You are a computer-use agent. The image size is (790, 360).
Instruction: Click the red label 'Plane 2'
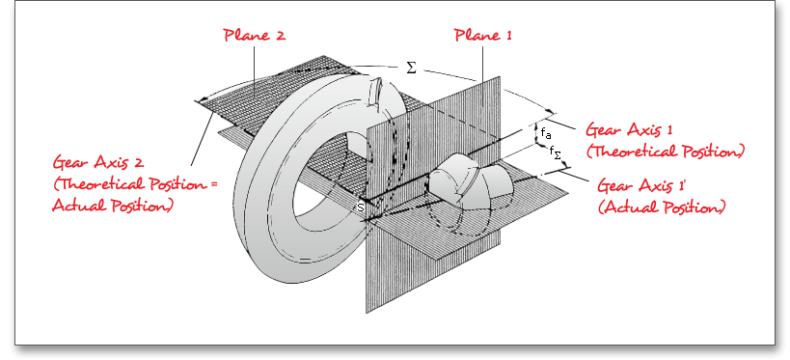pos(255,36)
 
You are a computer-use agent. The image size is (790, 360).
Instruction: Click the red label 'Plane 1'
pos(482,36)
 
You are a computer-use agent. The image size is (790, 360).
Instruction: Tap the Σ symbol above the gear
pos(412,69)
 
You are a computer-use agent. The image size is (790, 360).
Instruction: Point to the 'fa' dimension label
pos(546,133)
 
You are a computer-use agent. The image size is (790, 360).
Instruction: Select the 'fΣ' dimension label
pos(555,152)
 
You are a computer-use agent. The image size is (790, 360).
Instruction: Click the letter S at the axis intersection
pos(360,207)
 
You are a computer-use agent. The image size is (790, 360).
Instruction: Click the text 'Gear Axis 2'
pos(98,163)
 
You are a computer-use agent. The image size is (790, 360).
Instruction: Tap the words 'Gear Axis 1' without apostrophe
pos(629,130)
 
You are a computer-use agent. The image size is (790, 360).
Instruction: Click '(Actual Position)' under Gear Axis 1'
pos(662,208)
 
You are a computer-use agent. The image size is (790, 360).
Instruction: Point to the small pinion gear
pos(466,182)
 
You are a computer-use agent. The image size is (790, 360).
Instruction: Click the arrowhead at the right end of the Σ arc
pos(551,111)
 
